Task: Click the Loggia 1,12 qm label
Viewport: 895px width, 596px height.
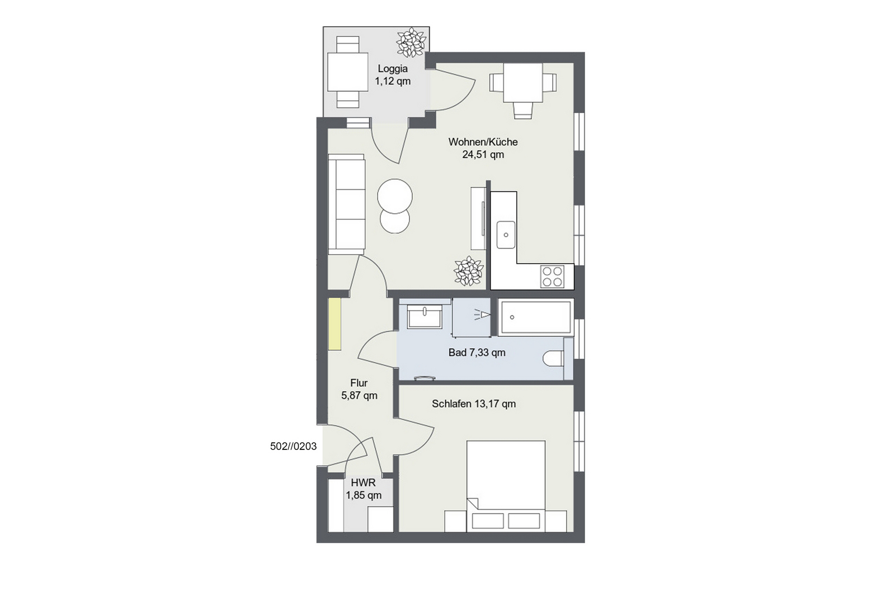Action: tap(392, 75)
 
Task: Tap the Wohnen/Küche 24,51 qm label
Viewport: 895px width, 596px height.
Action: tap(483, 148)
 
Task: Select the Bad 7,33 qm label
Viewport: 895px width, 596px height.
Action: tap(477, 353)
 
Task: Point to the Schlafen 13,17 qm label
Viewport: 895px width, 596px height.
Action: tap(473, 403)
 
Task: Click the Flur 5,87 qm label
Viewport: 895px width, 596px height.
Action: tap(359, 389)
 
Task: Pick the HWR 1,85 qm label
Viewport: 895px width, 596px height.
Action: tap(364, 489)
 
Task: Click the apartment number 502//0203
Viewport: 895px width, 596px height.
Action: tap(293, 447)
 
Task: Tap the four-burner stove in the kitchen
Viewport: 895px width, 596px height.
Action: tap(553, 276)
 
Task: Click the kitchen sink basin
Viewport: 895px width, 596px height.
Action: tap(506, 234)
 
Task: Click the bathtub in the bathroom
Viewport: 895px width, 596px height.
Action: tap(535, 317)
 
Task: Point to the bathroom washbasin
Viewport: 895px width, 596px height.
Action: tap(425, 317)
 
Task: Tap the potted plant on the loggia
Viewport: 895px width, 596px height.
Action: tap(411, 42)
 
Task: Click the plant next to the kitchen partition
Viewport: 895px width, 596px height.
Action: tap(468, 271)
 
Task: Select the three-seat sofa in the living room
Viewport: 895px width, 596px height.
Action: tap(346, 204)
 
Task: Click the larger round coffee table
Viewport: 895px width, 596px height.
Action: tap(395, 196)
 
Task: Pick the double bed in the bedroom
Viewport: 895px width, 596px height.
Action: tap(506, 486)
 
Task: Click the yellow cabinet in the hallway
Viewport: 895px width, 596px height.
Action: tap(335, 324)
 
